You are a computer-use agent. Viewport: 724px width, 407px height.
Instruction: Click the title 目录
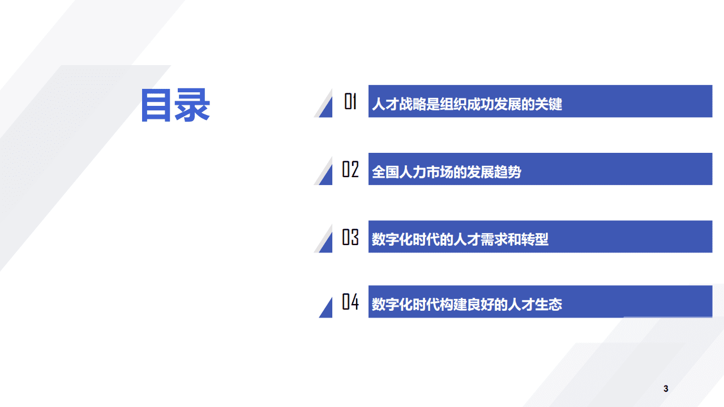tap(175, 105)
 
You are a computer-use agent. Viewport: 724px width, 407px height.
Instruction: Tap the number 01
tap(350, 102)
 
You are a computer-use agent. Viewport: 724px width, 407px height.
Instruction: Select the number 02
tap(350, 169)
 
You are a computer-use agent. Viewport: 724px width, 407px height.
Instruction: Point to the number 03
tap(350, 237)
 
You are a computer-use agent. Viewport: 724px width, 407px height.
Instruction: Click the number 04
tap(350, 302)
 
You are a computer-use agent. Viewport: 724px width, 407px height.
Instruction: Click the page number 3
tap(666, 389)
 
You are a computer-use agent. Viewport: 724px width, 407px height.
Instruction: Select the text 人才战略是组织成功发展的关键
tap(466, 105)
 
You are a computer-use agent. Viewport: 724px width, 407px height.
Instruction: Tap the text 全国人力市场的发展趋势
tap(446, 172)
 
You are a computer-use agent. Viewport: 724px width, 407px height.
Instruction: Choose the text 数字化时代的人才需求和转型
tap(460, 239)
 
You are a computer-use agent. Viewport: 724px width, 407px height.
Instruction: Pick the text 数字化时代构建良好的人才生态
tap(466, 305)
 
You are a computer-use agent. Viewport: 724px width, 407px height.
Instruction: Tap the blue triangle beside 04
tap(327, 309)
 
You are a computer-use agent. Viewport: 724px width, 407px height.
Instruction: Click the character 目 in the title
tap(156, 105)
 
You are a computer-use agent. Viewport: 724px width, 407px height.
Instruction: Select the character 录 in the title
tap(192, 105)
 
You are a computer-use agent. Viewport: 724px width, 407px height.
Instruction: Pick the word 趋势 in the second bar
tap(508, 172)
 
